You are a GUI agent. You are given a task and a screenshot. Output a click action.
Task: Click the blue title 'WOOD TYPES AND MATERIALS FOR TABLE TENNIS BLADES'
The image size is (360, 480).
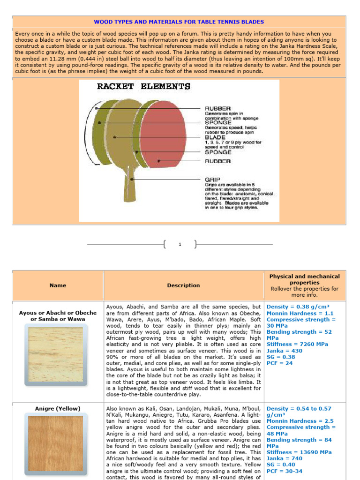pyautogui.click(x=179, y=22)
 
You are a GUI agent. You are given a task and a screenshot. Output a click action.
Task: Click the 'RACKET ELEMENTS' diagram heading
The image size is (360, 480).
pyautogui.click(x=143, y=87)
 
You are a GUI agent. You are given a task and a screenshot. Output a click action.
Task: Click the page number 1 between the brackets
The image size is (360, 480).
pyautogui.click(x=180, y=244)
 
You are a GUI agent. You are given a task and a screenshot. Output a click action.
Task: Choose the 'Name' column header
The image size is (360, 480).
pyautogui.click(x=58, y=285)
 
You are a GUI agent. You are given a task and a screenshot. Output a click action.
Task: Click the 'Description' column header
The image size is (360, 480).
pyautogui.click(x=183, y=285)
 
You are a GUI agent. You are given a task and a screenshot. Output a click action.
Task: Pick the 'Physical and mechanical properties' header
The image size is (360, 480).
pyautogui.click(x=304, y=280)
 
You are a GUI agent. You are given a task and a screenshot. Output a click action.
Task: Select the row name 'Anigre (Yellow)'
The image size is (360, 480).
pyautogui.click(x=58, y=409)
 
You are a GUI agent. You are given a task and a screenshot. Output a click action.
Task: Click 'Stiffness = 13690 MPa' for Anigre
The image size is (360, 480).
pyautogui.click(x=299, y=452)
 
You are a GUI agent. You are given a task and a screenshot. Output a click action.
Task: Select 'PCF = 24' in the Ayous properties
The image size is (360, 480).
pyautogui.click(x=280, y=363)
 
